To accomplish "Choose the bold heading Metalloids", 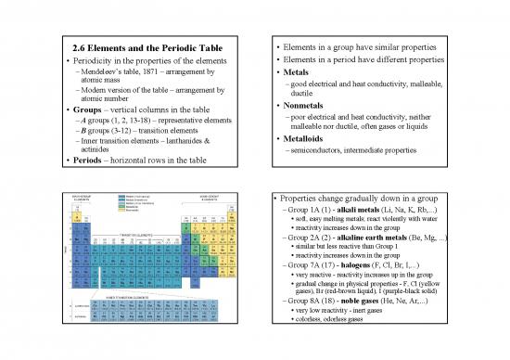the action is click(x=319, y=139).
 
